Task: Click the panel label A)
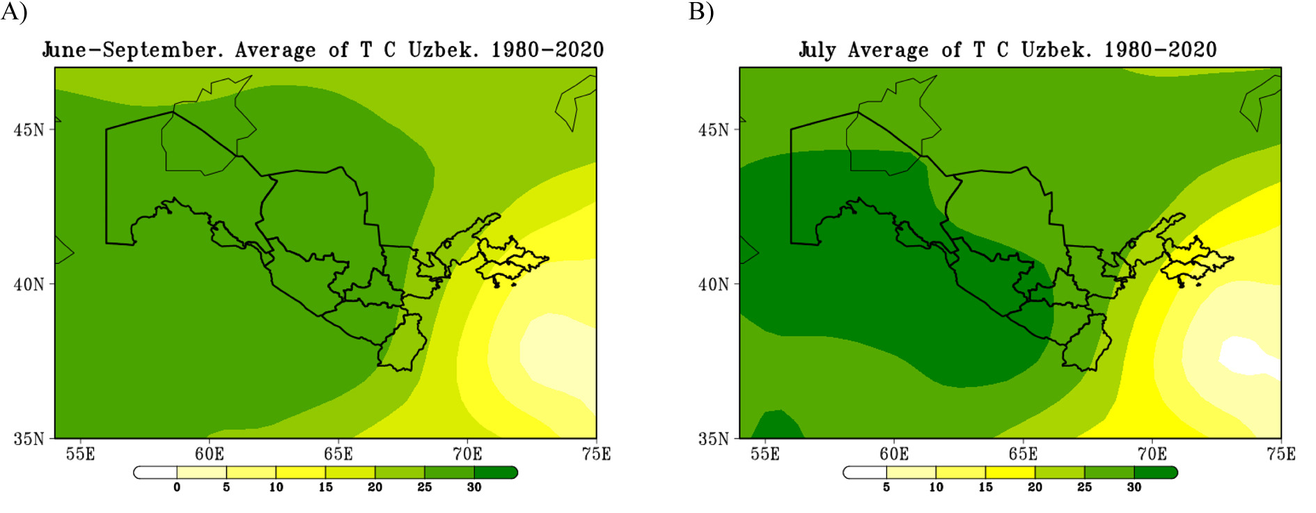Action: [14, 12]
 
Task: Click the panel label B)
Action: [701, 12]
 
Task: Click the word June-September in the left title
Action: [133, 50]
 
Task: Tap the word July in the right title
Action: [817, 50]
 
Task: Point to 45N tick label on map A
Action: [29, 130]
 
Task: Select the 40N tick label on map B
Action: [714, 285]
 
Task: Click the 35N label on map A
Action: [29, 439]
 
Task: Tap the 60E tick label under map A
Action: [210, 455]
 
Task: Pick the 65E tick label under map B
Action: [1023, 455]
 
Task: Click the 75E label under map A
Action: [596, 455]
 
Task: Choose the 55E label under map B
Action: [765, 455]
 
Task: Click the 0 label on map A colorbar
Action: [177, 487]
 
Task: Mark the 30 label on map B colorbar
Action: [1134, 487]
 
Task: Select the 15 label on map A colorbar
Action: [325, 487]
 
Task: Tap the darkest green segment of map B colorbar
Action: [1155, 473]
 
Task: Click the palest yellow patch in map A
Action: [557, 355]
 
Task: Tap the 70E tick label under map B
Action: [1152, 455]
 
